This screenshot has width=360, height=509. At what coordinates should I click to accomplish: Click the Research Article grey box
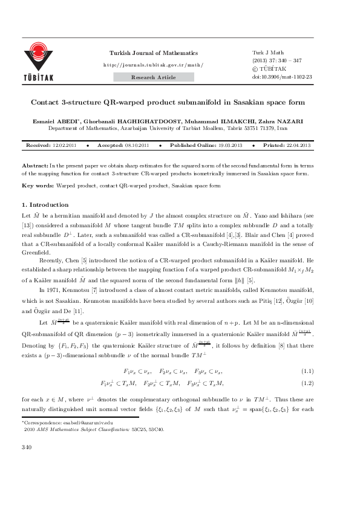[x=154, y=77]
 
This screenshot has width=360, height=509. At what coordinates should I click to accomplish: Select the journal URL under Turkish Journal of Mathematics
[x=154, y=64]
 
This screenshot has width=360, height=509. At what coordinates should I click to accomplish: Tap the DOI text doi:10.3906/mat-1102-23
[x=282, y=77]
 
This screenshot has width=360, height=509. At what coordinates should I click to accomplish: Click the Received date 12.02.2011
[x=64, y=146]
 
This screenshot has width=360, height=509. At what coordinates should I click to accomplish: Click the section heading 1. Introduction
[x=45, y=205]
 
